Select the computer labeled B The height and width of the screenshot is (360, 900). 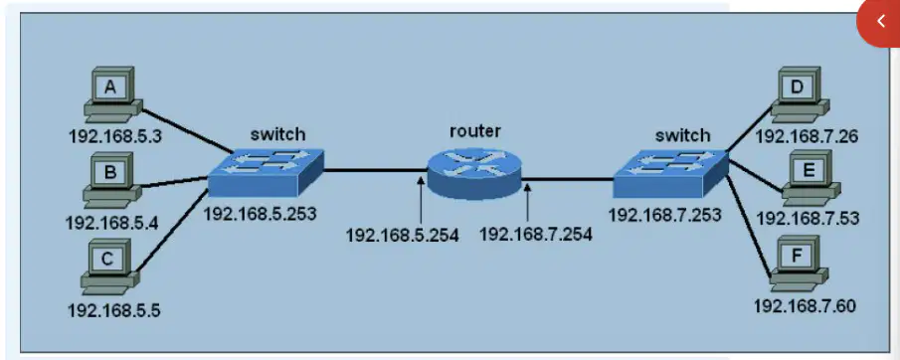click(112, 180)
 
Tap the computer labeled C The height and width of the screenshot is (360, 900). click(109, 267)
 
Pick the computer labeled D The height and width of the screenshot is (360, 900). click(800, 94)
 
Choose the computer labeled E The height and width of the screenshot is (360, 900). click(811, 178)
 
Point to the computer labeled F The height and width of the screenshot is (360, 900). click(799, 264)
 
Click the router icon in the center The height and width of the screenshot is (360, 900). click(474, 172)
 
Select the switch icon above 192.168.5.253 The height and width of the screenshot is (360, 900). click(266, 173)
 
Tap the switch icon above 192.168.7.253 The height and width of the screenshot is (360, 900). click(670, 173)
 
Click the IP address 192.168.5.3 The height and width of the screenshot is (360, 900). click(114, 136)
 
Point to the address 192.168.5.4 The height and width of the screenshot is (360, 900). click(112, 222)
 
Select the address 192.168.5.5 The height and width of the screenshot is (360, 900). click(114, 310)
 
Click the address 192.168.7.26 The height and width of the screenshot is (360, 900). click(806, 136)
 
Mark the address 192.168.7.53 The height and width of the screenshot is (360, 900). click(808, 219)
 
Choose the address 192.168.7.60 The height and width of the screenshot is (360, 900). click(805, 306)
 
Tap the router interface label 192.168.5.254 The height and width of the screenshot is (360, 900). click(402, 235)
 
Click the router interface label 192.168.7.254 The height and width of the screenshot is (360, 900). click(535, 235)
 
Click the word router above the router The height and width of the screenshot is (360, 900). click(474, 131)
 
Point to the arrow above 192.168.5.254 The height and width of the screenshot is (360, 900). click(421, 200)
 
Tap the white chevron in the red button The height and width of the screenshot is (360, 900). click(881, 22)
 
